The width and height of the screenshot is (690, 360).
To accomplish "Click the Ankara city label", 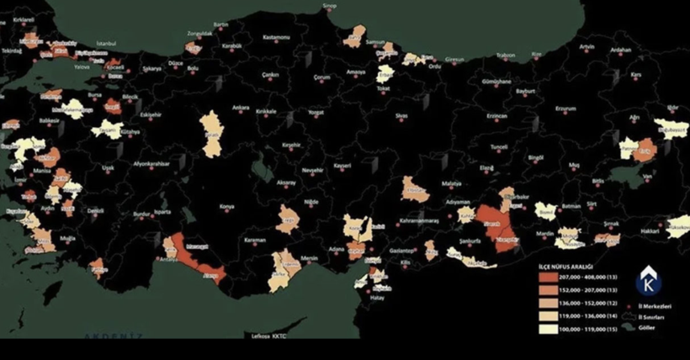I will (x=241, y=108).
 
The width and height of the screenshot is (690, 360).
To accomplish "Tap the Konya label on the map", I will (x=226, y=206).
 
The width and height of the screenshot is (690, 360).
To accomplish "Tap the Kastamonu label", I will (x=275, y=38).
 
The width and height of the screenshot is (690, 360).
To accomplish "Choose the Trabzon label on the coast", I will (x=505, y=56).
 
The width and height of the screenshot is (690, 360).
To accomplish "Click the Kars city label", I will (x=636, y=74).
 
